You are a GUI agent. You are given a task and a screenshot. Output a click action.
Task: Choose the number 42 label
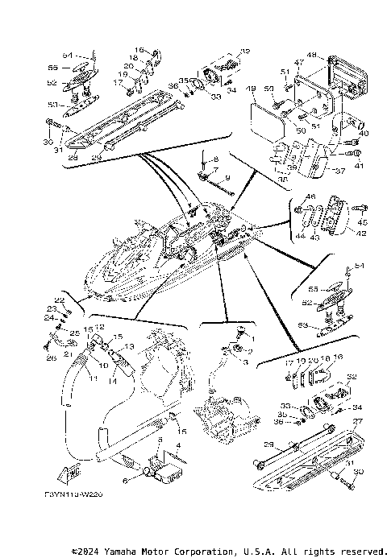pyautogui.click(x=361, y=234)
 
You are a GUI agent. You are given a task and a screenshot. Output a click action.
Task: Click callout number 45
pyautogui.click(x=361, y=223)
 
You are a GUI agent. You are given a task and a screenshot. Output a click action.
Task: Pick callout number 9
pyautogui.click(x=227, y=176)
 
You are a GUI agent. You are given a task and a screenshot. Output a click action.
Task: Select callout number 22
pyautogui.click(x=59, y=300)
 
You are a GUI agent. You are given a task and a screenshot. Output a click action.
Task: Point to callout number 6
pyautogui.click(x=125, y=480)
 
